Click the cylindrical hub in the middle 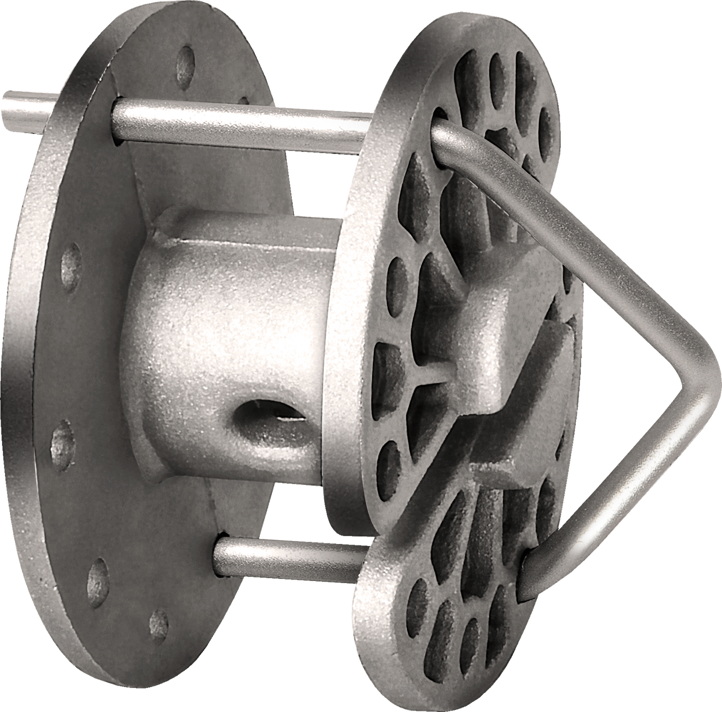[x=225, y=325]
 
